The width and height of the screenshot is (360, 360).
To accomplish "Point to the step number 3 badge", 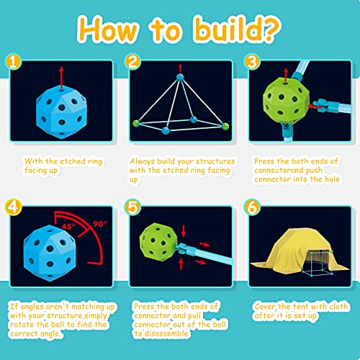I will [251, 62].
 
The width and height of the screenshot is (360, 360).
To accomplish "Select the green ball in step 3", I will [287, 106].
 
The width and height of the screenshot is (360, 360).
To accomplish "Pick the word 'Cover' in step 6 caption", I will [265, 306].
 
